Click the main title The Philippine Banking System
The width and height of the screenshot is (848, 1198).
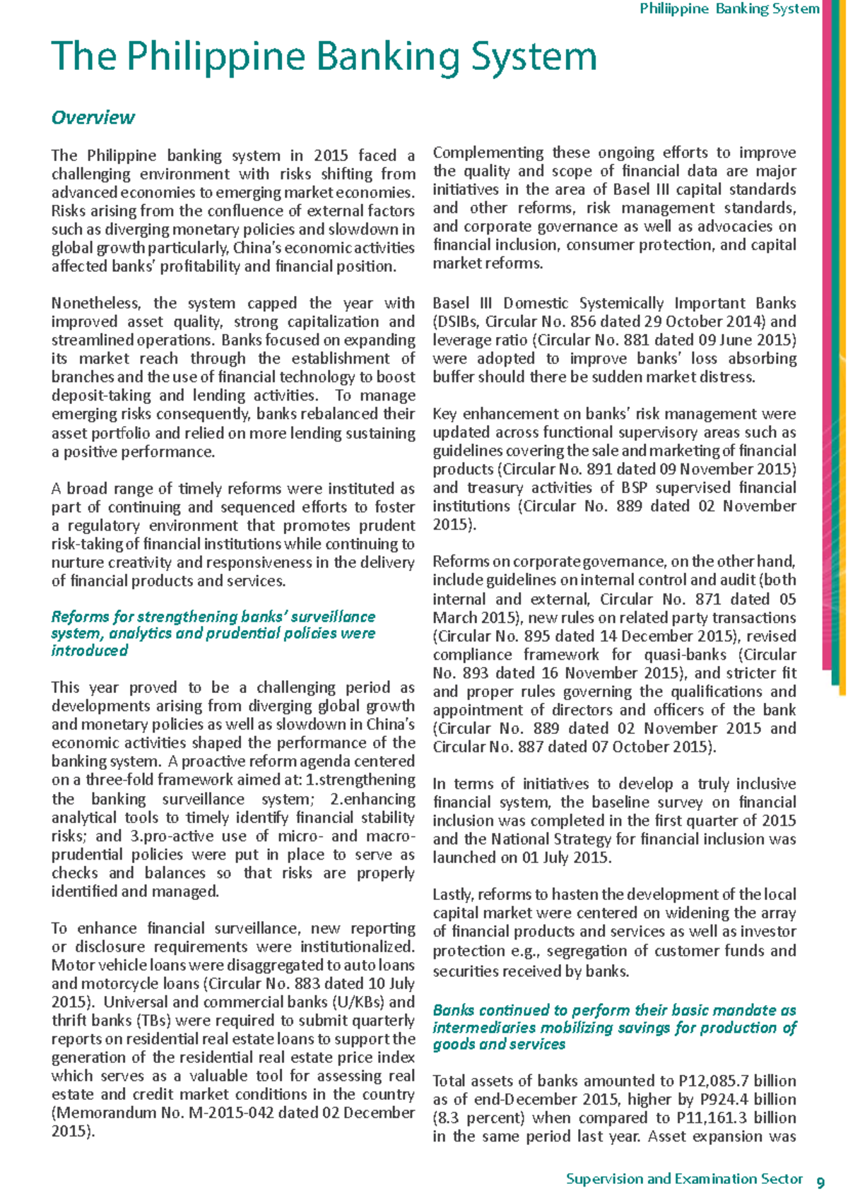point(324,57)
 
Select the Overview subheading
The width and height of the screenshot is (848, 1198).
point(93,117)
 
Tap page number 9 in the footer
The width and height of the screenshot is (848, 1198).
point(820,1182)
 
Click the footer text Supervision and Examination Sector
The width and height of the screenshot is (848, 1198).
point(684,1179)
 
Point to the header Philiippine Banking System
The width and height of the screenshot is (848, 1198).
point(729,9)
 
